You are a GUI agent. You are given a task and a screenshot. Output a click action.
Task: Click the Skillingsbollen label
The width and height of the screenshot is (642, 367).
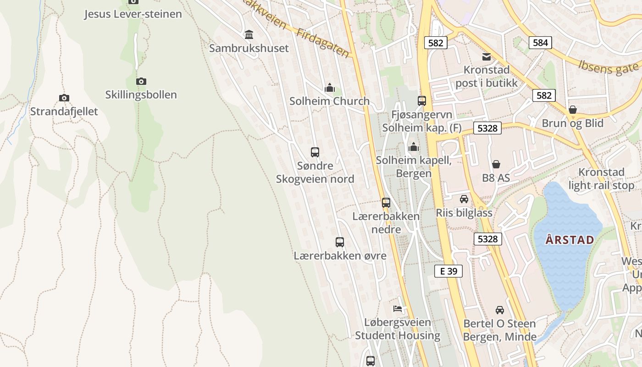pos(141,95)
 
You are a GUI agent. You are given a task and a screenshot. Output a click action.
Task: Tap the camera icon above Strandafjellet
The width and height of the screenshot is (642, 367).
pos(64,98)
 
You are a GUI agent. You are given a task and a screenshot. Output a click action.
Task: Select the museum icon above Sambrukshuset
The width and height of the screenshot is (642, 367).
pos(249,34)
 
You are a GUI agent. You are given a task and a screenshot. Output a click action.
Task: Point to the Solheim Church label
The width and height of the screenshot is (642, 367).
pos(329,101)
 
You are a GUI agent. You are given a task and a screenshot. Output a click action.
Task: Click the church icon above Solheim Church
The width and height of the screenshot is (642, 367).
pos(329,88)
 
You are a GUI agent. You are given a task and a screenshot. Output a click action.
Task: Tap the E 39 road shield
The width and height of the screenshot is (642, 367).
pos(448,271)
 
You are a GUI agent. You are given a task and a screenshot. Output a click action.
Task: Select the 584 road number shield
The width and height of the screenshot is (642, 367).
pos(540,43)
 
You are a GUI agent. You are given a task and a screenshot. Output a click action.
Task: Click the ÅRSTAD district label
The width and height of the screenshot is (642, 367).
pos(570,240)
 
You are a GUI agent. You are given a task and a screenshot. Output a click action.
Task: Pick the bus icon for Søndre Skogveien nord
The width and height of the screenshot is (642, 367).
pos(315,152)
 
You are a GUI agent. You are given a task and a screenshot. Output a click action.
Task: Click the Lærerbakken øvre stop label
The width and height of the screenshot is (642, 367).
pos(340,256)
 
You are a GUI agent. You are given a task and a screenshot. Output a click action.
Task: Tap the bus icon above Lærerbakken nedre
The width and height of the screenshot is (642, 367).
pos(386,202)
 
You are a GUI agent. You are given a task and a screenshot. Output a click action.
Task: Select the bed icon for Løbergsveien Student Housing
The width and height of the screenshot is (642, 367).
pos(398,309)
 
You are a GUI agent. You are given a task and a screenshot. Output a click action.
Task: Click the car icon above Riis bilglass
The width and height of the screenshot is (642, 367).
pos(464,199)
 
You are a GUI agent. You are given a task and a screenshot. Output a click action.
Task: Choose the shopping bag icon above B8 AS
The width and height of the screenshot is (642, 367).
pos(496,164)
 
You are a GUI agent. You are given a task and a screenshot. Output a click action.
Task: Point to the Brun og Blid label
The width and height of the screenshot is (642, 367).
pos(572,123)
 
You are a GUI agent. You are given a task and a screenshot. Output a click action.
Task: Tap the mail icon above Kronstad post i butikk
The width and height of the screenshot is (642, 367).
pos(486,57)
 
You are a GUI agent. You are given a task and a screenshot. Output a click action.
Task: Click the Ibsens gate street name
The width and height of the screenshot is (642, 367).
pos(608,67)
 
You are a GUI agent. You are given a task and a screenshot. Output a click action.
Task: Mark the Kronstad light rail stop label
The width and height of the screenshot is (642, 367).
pos(601,179)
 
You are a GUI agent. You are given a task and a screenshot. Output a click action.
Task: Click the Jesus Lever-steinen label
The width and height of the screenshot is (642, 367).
pos(133,14)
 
